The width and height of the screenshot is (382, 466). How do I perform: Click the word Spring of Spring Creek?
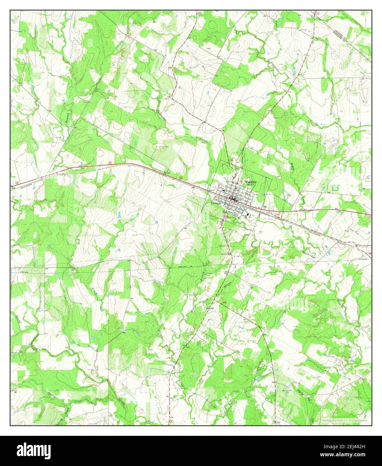coord(52,396)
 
